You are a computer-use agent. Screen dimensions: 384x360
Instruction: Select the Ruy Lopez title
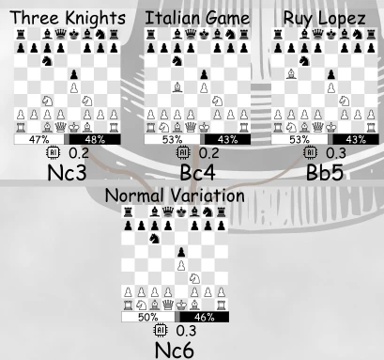click(320, 18)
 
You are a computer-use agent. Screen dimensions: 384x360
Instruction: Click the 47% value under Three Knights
click(38, 139)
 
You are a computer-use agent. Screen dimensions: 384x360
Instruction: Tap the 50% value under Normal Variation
click(147, 317)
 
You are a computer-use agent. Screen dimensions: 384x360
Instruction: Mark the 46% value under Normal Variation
click(207, 317)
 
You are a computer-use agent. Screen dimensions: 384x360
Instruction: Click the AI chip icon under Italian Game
click(183, 152)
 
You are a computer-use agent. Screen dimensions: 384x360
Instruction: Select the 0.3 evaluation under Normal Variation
click(184, 330)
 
